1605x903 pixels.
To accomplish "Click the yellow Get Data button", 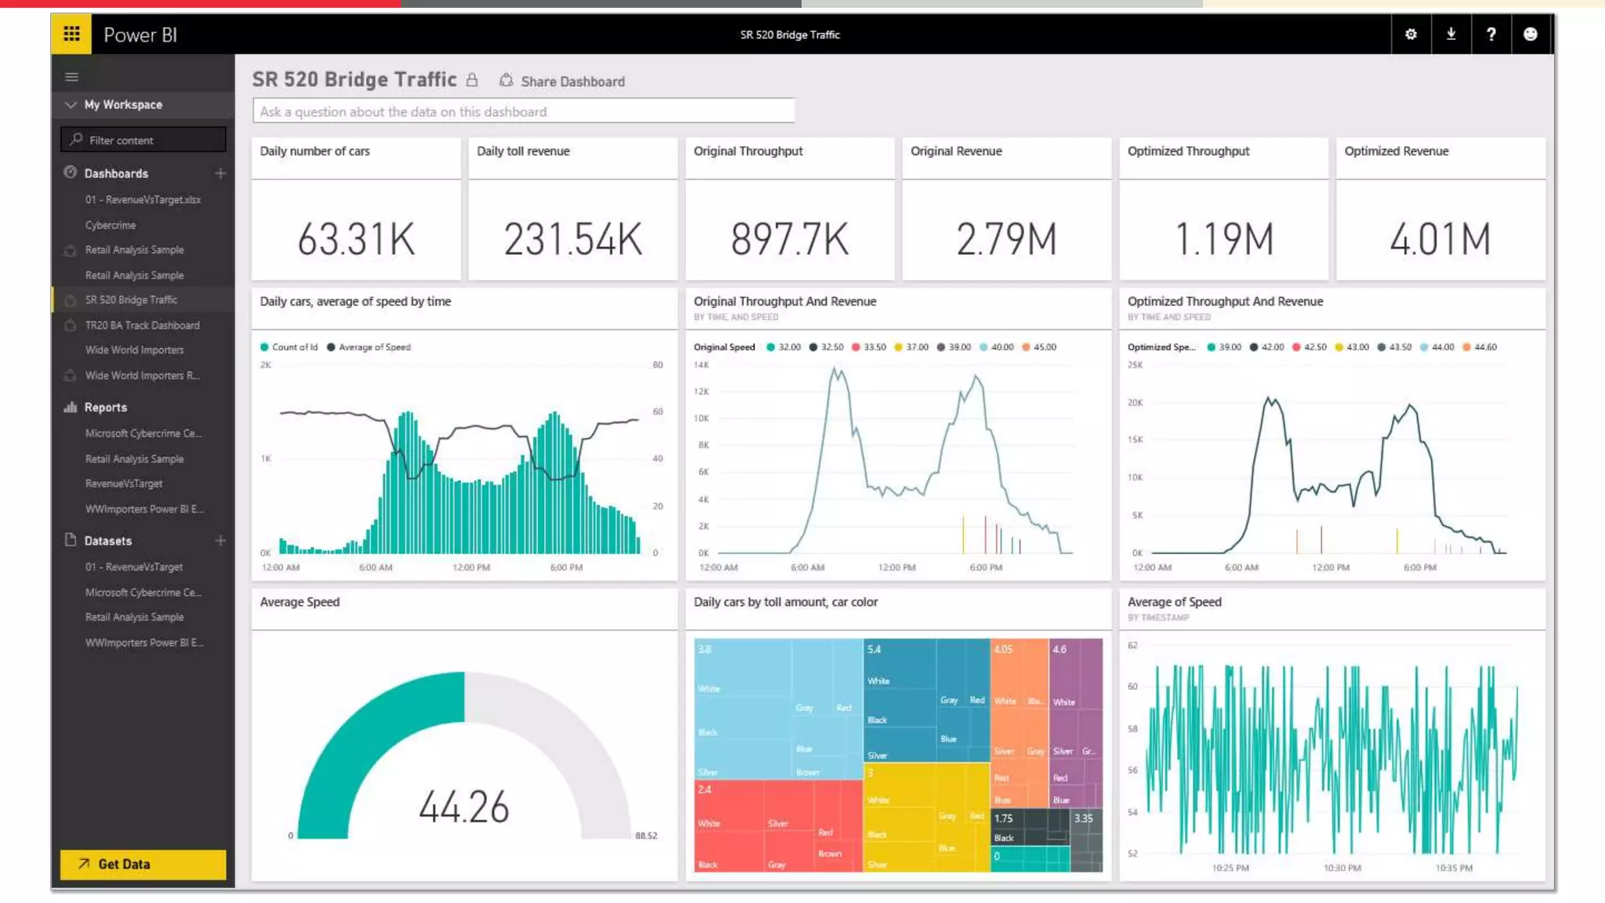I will click(143, 864).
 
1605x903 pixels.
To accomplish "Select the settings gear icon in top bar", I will click(1411, 34).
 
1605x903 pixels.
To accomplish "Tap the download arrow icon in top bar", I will click(1451, 34).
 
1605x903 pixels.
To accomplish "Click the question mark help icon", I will click(1491, 34).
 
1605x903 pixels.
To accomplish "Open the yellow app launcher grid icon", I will click(71, 34).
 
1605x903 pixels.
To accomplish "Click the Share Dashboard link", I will click(572, 82).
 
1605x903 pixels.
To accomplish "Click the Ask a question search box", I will click(524, 111).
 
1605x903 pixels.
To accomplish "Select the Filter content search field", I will click(143, 140).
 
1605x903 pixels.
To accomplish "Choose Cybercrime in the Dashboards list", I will click(111, 225).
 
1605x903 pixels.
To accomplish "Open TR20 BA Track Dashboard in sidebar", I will click(142, 325).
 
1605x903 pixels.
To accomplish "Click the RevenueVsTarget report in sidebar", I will click(124, 484).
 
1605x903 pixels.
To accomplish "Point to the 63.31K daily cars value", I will click(356, 239).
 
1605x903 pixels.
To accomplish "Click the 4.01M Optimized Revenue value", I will click(1440, 239).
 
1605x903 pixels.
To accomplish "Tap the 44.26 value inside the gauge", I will click(464, 807).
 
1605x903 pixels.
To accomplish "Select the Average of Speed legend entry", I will click(374, 347).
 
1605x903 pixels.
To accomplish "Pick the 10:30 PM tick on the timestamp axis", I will click(1342, 868).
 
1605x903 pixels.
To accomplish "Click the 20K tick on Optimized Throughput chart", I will click(1135, 403).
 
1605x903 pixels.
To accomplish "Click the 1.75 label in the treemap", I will click(1003, 818).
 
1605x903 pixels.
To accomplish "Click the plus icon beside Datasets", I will click(220, 541).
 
